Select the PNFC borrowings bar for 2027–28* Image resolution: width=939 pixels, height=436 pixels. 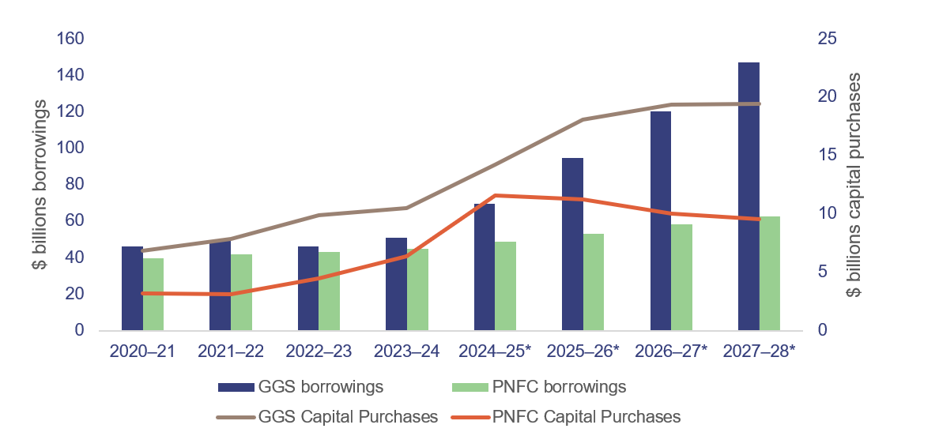[770, 273]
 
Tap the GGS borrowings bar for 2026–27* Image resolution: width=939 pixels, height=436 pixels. [660, 220]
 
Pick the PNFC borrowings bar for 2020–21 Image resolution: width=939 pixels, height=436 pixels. [153, 294]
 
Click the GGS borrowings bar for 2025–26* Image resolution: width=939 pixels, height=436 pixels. [572, 244]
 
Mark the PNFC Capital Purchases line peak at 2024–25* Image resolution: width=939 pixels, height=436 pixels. [496, 195]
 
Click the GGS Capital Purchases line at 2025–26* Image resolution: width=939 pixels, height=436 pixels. [583, 119]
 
